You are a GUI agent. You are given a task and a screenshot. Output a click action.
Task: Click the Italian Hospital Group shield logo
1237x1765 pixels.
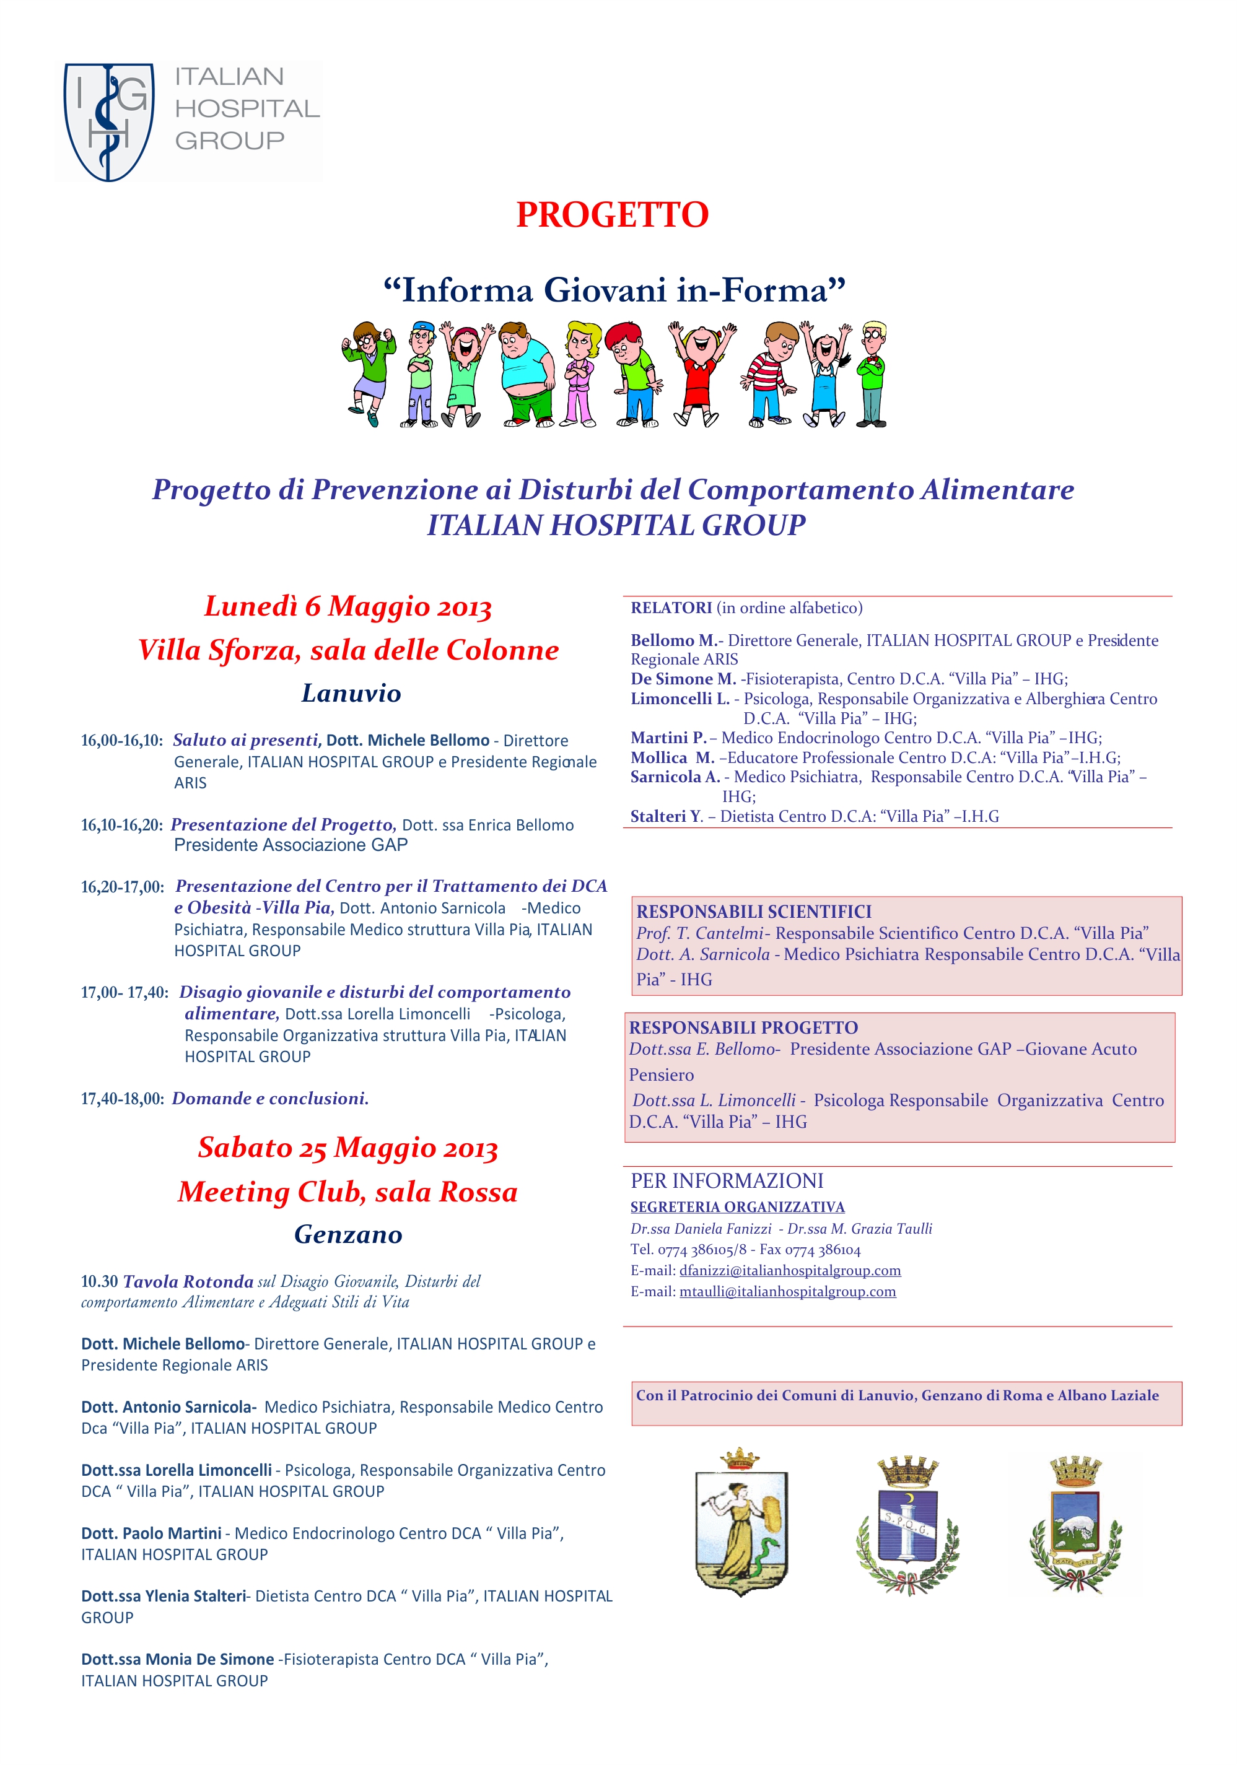pyautogui.click(x=108, y=121)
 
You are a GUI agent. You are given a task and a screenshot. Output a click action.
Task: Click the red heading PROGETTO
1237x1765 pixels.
pyautogui.click(x=612, y=216)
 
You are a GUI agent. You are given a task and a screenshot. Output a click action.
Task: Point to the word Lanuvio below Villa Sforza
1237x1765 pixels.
pyautogui.click(x=351, y=694)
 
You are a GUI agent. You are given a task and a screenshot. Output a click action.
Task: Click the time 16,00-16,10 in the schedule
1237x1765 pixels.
pyautogui.click(x=121, y=740)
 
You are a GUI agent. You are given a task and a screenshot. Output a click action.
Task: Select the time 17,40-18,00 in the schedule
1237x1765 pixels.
pyautogui.click(x=122, y=1099)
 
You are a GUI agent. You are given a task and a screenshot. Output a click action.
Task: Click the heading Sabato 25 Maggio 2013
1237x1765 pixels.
pyautogui.click(x=347, y=1148)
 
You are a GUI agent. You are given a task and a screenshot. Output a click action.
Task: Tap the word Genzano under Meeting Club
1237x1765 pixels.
pyautogui.click(x=347, y=1235)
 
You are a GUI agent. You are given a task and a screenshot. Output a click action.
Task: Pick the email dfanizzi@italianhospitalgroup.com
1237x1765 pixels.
pyautogui.click(x=790, y=1271)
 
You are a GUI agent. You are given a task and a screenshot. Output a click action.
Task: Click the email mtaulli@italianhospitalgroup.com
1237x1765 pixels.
pyautogui.click(x=787, y=1291)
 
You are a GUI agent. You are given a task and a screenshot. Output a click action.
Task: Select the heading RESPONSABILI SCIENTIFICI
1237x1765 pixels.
pyautogui.click(x=753, y=912)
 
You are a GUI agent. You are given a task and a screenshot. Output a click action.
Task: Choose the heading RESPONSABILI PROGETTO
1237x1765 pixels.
pyautogui.click(x=743, y=1028)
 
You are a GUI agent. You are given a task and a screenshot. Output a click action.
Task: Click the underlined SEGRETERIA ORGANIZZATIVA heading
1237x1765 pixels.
pyautogui.click(x=737, y=1207)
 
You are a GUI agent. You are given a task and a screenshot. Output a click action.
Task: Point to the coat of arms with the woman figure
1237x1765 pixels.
pyautogui.click(x=740, y=1522)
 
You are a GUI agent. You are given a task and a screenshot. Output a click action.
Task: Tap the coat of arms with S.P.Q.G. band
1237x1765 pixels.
pyautogui.click(x=908, y=1523)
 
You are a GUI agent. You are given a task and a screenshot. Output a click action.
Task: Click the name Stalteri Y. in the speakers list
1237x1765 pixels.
pyautogui.click(x=666, y=816)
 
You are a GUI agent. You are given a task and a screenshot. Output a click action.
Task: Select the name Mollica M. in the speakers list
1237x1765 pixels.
pyautogui.click(x=672, y=757)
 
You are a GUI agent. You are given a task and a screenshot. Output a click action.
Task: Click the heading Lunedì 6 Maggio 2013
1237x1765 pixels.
pyautogui.click(x=347, y=606)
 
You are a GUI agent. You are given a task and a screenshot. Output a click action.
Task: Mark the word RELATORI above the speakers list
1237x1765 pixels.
pyautogui.click(x=670, y=608)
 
